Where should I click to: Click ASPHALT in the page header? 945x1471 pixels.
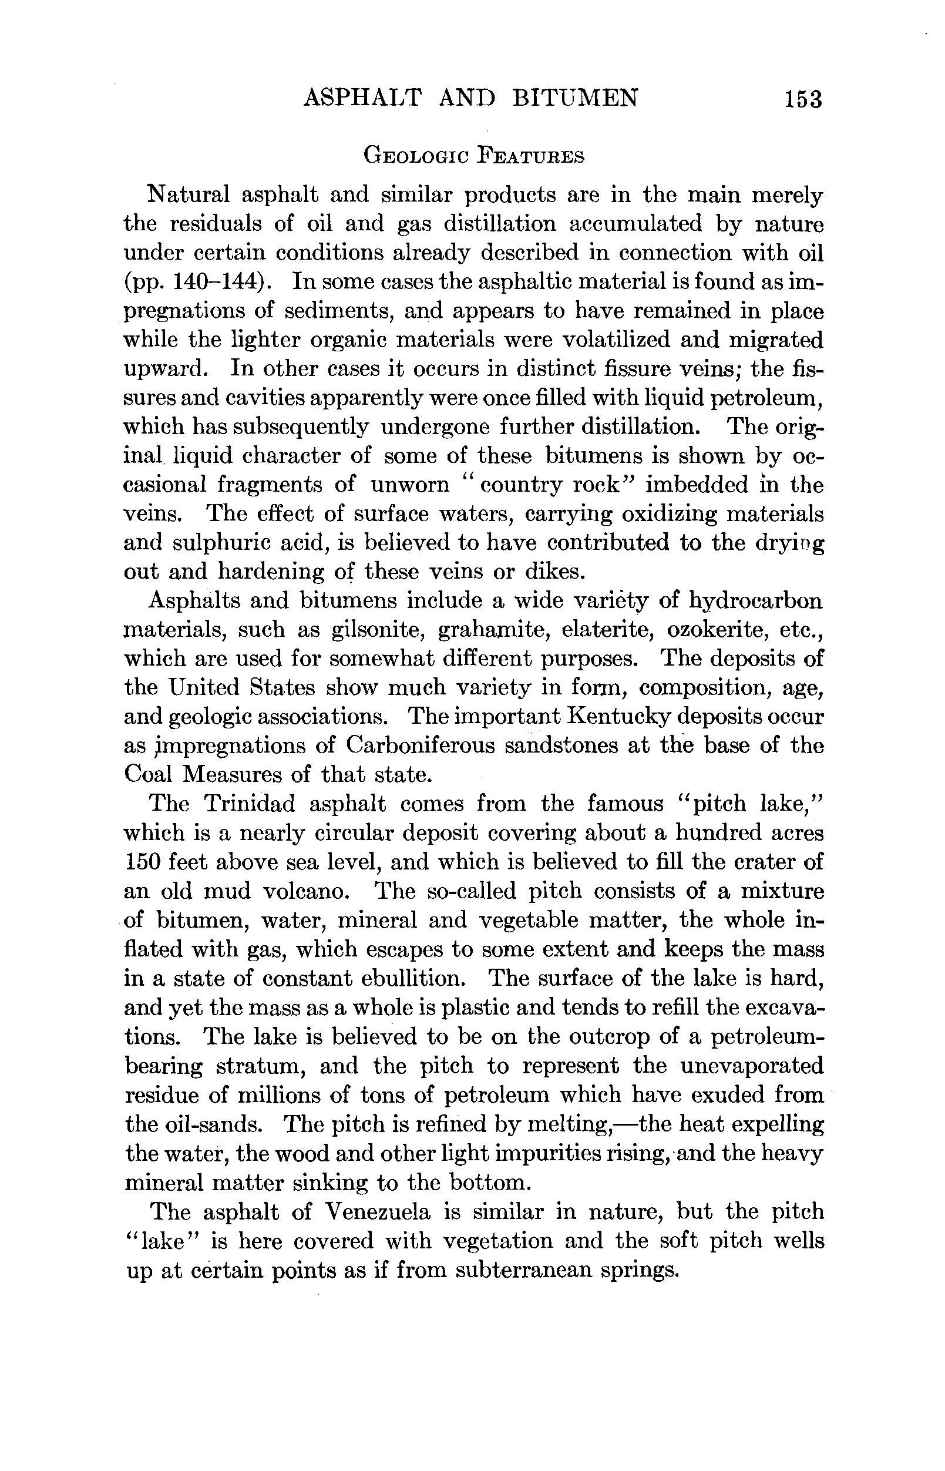362,98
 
